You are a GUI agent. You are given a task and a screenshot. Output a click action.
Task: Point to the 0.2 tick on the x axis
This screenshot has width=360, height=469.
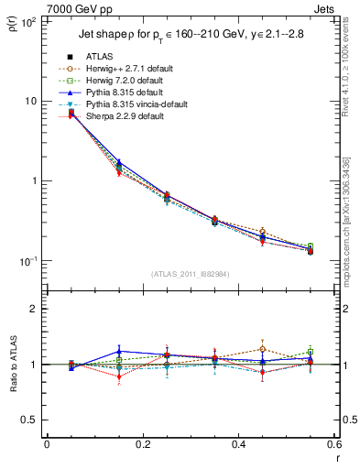pos(142,445)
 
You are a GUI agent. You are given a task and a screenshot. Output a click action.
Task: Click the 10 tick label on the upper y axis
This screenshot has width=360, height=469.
pos(31,101)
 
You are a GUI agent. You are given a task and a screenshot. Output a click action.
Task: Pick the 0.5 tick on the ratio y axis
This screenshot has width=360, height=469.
pos(29,420)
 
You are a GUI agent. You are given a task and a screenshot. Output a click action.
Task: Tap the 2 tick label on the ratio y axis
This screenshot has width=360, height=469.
pos(34,309)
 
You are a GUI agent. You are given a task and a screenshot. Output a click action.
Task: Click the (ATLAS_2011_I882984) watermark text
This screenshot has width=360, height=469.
pos(191,274)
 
